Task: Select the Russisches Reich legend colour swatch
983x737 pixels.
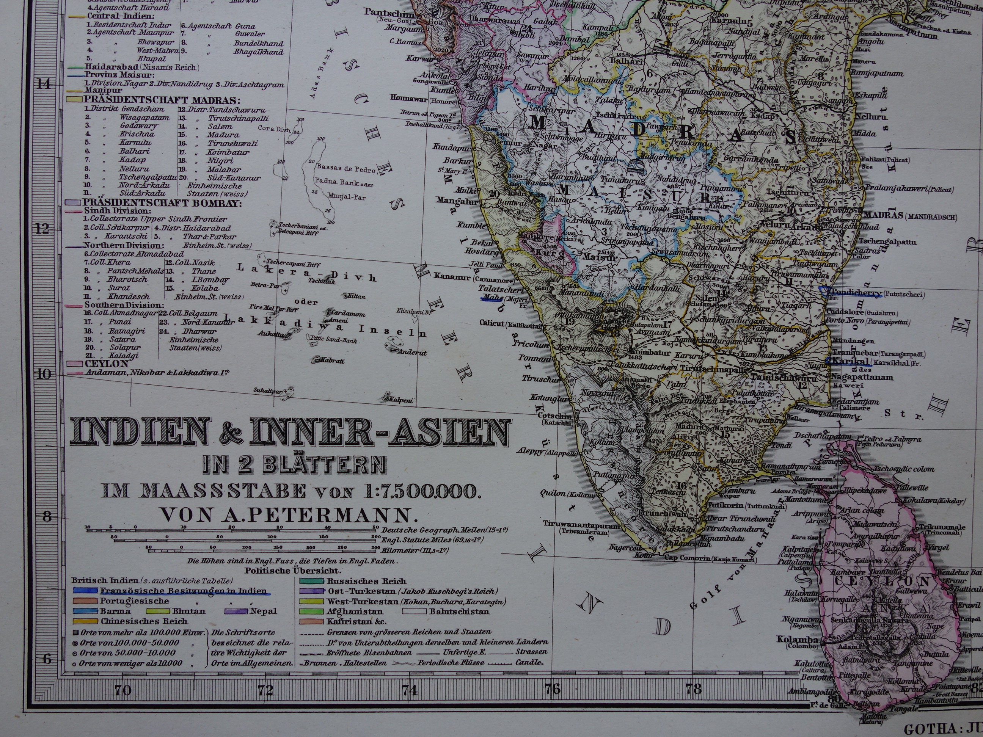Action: point(311,581)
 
